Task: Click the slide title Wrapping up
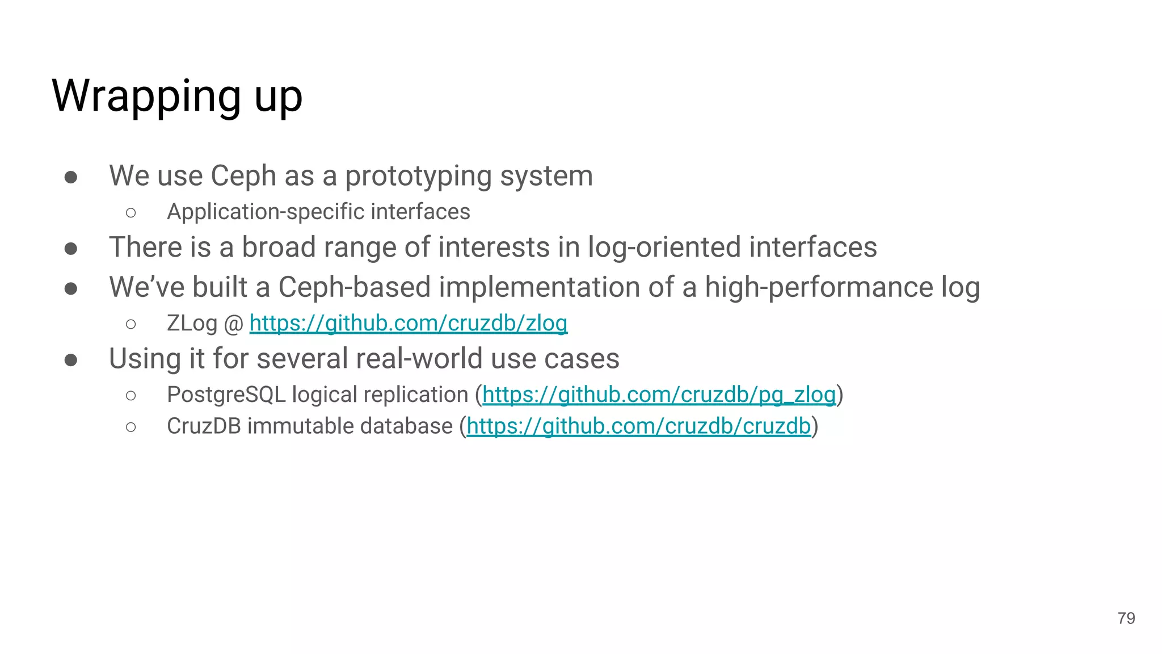(x=177, y=96)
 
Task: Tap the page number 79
(x=1126, y=618)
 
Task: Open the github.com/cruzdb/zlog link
(x=408, y=323)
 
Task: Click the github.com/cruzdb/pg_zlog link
(x=659, y=395)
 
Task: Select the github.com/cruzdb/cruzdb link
(x=638, y=426)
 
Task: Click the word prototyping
(x=418, y=176)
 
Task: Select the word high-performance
(x=819, y=287)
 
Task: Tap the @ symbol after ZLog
(x=233, y=324)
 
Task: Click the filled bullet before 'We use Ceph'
(x=71, y=178)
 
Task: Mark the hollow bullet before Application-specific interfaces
(x=131, y=213)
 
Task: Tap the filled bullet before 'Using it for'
(x=71, y=360)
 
